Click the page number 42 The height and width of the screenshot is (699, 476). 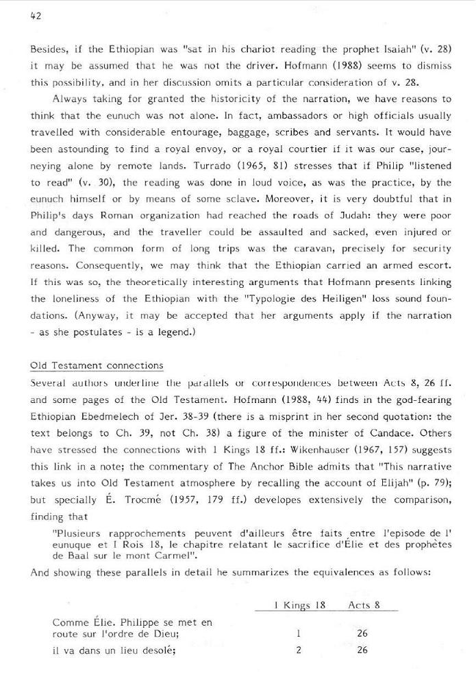pyautogui.click(x=36, y=17)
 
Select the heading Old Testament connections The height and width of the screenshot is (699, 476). pyautogui.click(x=97, y=365)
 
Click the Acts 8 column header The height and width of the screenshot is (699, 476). pyautogui.click(x=364, y=605)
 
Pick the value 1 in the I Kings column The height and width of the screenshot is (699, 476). pyautogui.click(x=299, y=634)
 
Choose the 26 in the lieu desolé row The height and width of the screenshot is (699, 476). pyautogui.click(x=362, y=650)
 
